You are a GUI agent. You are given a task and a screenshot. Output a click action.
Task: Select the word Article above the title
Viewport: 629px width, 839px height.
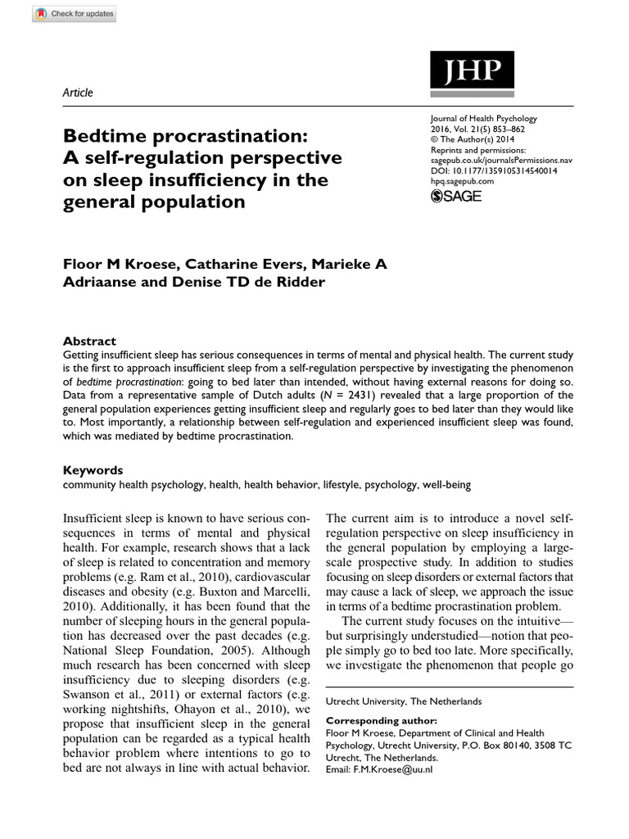(x=78, y=93)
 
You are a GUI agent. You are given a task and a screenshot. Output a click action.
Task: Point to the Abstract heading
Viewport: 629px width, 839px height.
(x=89, y=341)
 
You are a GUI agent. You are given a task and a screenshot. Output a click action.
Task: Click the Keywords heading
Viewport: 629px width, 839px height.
(x=93, y=470)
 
